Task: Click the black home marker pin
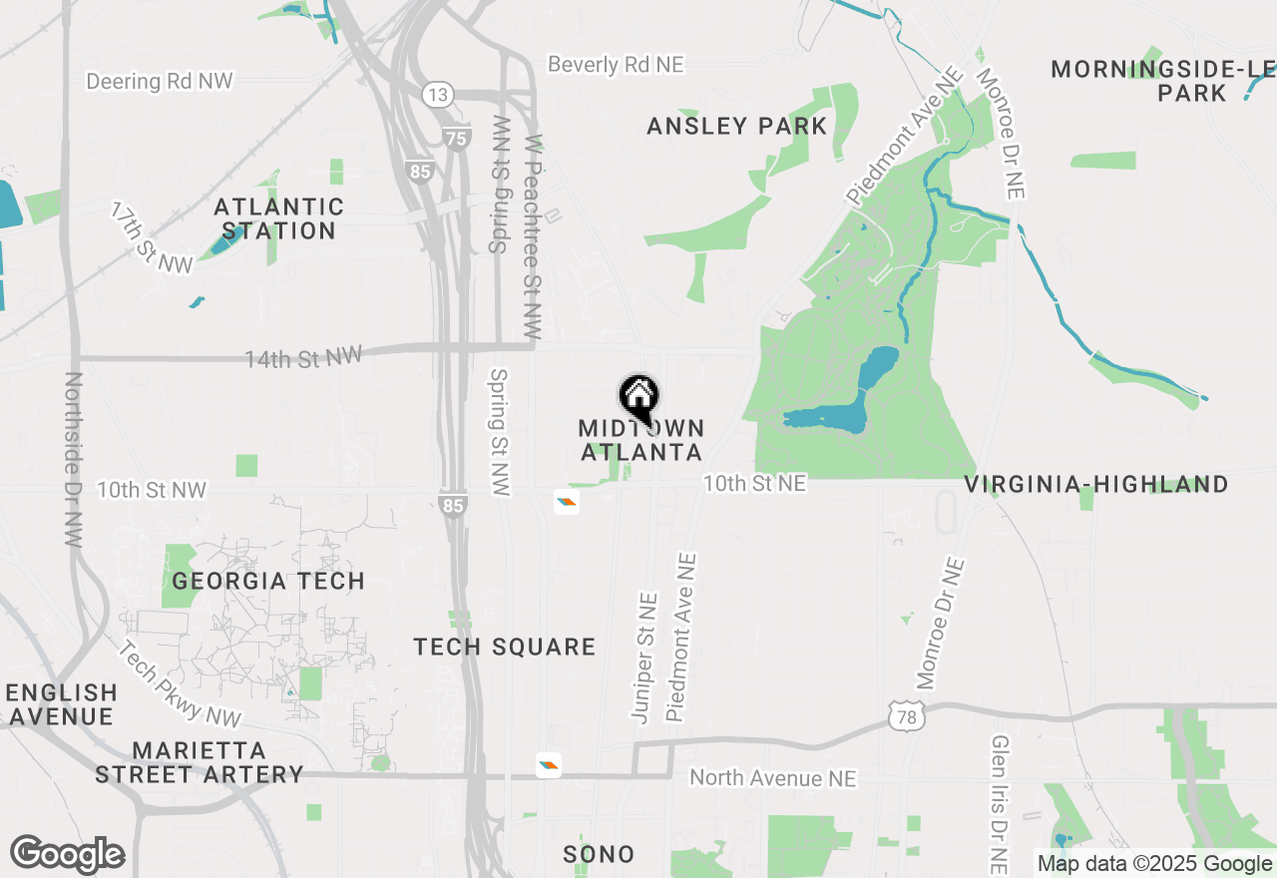pyautogui.click(x=638, y=397)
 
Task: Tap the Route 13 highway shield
pyautogui.click(x=437, y=95)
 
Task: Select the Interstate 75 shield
pyautogui.click(x=456, y=139)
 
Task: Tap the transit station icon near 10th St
pyautogui.click(x=567, y=502)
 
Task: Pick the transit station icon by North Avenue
pyautogui.click(x=548, y=765)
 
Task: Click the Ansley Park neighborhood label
pyautogui.click(x=736, y=127)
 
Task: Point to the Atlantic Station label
pyautogui.click(x=278, y=219)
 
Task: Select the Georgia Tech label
pyautogui.click(x=268, y=581)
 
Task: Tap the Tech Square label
pyautogui.click(x=505, y=648)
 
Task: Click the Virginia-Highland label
pyautogui.click(x=1095, y=485)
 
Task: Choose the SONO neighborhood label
pyautogui.click(x=599, y=854)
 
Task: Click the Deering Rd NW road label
pyautogui.click(x=160, y=81)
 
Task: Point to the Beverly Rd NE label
pyautogui.click(x=616, y=65)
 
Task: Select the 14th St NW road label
pyautogui.click(x=304, y=356)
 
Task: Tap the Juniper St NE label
pyautogui.click(x=645, y=657)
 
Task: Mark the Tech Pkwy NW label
pyautogui.click(x=180, y=683)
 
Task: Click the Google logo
pyautogui.click(x=67, y=854)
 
